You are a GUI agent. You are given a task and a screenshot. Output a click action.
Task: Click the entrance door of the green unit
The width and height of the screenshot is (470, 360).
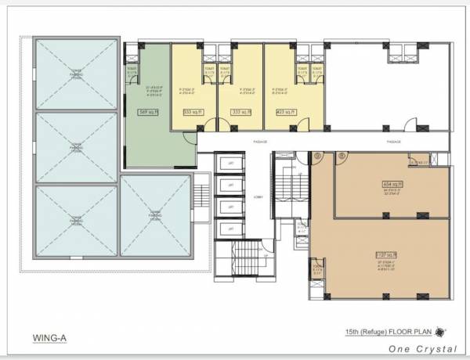(x=188, y=139)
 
